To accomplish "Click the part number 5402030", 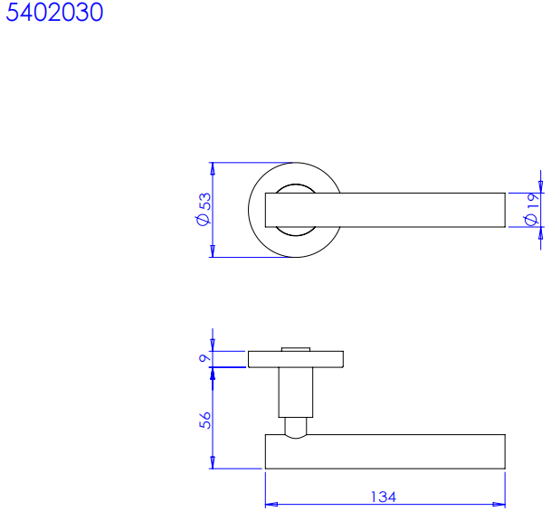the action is click(54, 12).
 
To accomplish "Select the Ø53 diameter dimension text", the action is click(204, 209).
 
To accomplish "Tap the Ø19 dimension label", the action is click(532, 209).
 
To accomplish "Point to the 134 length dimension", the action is click(384, 497).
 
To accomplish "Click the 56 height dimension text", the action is click(205, 421).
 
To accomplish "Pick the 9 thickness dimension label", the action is click(204, 359).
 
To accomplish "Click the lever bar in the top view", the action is click(385, 210).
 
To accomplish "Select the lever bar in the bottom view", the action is click(385, 451).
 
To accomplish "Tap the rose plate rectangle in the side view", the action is click(296, 359).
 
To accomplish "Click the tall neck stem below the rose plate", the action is click(296, 393).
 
